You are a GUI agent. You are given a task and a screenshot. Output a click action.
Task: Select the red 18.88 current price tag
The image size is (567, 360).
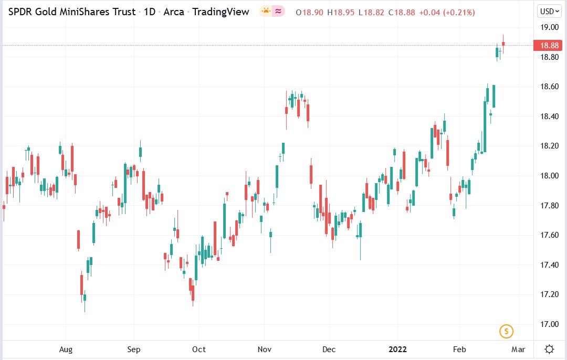coord(550,46)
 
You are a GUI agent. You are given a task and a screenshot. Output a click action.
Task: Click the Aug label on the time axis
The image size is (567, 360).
coord(66,349)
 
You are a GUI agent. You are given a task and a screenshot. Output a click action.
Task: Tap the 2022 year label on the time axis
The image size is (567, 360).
coord(397,349)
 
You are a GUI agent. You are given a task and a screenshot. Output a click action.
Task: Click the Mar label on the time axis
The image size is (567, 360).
coord(518,349)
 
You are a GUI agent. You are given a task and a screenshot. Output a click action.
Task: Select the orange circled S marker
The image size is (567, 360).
coord(506,331)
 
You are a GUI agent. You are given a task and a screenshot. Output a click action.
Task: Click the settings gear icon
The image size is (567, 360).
coord(550,349)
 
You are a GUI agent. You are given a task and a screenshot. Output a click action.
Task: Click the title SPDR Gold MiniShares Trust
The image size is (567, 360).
coord(71,12)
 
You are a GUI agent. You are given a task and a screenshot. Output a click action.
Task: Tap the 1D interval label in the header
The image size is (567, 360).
coord(150,12)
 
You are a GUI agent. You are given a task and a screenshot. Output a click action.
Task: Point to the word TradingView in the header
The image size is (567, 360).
coord(220,12)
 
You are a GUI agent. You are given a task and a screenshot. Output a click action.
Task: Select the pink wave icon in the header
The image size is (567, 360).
coord(278,11)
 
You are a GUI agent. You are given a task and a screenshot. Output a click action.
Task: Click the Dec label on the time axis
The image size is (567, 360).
coord(329,349)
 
